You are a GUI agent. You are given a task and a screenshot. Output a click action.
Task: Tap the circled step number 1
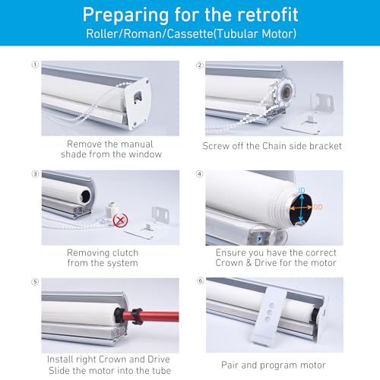34,65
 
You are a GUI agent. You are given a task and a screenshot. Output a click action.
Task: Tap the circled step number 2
199,65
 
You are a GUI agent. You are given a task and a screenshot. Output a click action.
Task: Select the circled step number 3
34,173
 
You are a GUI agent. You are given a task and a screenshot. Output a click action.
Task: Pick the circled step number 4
199,173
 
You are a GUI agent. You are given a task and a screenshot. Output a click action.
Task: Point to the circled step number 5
34,281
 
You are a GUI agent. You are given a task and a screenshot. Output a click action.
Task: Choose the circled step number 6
199,281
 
